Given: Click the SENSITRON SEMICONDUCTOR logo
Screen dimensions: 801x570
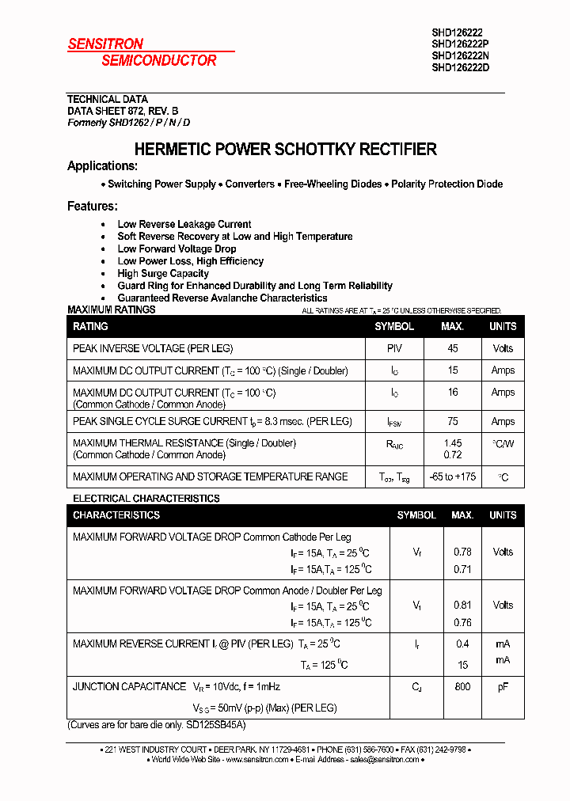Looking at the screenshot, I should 142,52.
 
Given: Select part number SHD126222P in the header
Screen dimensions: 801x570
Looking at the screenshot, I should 460,44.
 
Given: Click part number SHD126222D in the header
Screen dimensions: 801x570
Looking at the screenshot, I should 460,67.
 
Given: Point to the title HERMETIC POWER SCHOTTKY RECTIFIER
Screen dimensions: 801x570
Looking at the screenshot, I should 285,149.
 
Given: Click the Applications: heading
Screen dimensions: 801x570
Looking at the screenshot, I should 102,166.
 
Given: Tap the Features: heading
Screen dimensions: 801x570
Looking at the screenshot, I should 92,207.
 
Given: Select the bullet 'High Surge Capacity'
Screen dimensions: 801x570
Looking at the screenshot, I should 163,273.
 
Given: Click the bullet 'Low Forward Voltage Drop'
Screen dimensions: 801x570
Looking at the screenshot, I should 177,249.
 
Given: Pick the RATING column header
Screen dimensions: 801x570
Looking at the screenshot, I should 90,326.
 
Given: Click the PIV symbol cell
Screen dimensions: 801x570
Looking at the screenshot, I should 394,348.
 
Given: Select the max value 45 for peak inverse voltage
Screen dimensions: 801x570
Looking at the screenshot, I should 452,348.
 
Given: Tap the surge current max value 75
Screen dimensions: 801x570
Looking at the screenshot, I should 452,422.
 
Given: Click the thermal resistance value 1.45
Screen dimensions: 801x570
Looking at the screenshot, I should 452,443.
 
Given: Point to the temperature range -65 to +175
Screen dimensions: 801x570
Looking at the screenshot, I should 452,476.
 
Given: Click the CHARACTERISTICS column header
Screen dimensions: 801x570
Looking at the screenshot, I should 116,515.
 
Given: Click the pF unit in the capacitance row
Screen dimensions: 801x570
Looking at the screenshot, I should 503,687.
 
